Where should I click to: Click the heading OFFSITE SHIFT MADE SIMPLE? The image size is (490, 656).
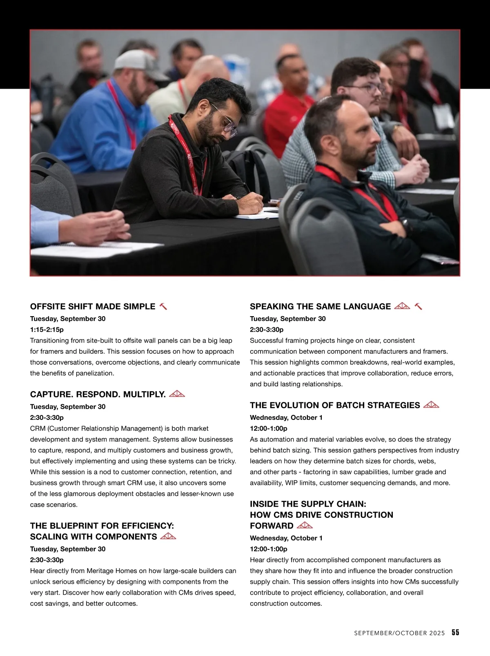93,306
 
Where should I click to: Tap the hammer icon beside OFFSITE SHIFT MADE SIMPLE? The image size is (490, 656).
163,306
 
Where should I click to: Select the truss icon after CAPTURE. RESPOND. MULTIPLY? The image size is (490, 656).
177,394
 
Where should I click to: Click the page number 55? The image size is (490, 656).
455,633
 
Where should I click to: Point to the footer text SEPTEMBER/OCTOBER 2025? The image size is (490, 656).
399,633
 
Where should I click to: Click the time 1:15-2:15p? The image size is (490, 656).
47,329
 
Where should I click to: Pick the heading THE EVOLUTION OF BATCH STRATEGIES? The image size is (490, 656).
335,405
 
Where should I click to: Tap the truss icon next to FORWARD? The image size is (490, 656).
305,525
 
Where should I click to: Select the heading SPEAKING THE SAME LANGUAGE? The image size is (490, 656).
320,306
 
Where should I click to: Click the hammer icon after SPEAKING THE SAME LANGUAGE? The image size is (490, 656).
418,306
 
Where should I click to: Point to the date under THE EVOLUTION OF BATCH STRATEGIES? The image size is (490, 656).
286,417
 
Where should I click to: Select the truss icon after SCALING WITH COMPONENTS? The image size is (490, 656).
168,536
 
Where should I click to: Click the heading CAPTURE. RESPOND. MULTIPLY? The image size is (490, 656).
98,394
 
